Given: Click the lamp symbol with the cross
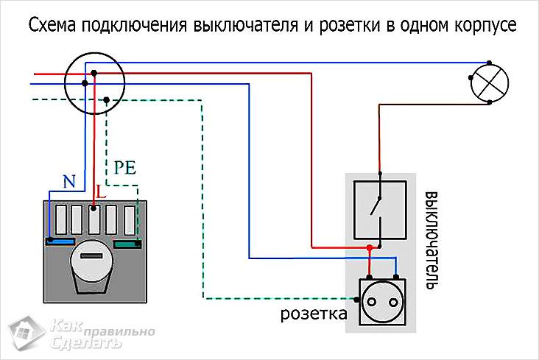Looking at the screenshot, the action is coord(489,82).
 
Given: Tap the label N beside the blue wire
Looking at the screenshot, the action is coord(69,181).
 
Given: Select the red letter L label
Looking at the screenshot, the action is coord(100,192).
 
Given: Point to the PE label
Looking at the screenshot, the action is coord(124,167).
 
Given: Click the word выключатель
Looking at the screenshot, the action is coord(431,240).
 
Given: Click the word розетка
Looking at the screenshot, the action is coord(314,314).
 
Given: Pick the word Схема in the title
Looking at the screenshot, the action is coord(52,25).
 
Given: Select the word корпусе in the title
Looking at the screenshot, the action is coord(485,26).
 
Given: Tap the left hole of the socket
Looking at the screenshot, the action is coord(372,303).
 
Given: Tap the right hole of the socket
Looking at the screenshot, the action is coord(393,303).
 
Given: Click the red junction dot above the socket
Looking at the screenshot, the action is coord(369,247).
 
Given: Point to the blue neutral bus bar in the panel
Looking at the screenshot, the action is coord(60,241).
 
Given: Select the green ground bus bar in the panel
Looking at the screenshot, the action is coord(127,244).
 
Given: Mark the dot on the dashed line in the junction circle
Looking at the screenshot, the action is coord(106,100).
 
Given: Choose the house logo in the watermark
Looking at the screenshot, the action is coord(27,333).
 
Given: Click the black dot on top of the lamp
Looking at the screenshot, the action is coord(489,63).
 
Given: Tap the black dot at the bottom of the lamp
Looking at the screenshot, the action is coord(490,102).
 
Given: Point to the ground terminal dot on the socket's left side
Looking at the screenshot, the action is coord(357,300).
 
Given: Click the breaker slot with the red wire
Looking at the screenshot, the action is coord(94,220).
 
